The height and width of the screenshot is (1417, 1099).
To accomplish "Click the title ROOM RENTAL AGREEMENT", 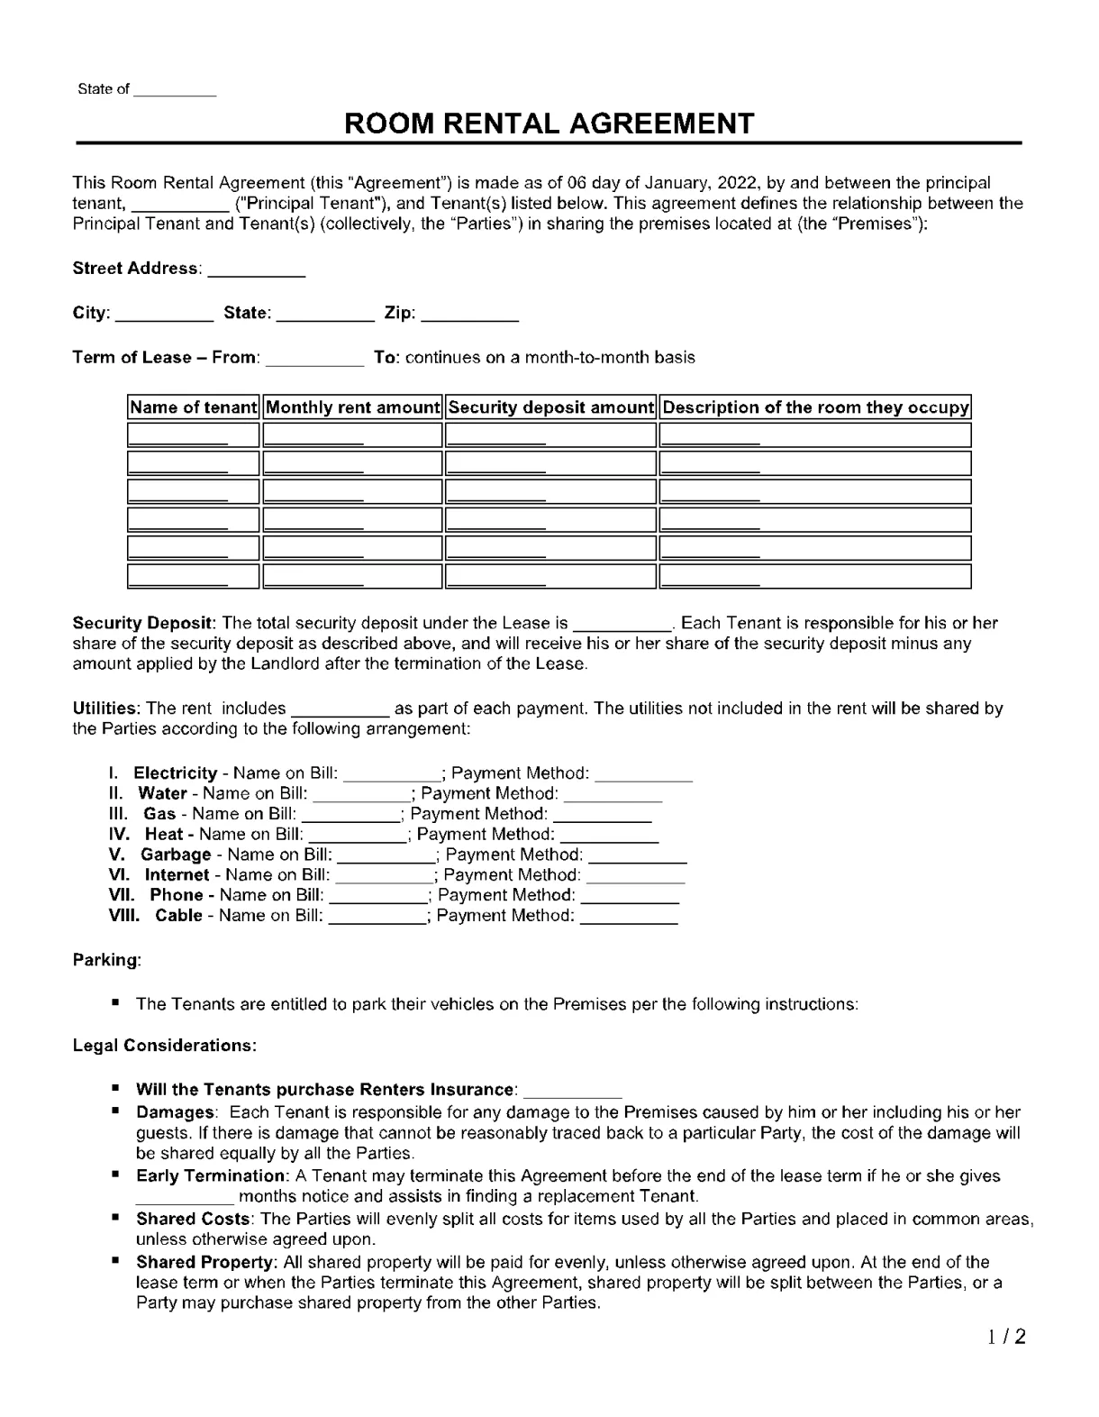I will [x=549, y=123].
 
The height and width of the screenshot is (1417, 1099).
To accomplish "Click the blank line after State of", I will [x=175, y=90].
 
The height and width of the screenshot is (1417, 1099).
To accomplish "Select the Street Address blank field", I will [x=256, y=270].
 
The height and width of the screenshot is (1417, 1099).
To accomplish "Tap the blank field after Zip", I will [x=469, y=315].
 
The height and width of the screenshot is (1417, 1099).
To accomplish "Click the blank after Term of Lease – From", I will [x=314, y=359].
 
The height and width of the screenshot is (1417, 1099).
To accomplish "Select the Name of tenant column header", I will [x=193, y=407].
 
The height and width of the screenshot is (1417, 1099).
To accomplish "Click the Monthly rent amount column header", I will [x=352, y=407].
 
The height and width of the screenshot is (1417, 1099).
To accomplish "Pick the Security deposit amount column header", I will [x=550, y=407].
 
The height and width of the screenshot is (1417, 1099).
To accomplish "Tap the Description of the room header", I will [x=815, y=407].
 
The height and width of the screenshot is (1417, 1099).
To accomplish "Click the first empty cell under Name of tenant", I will [x=193, y=436].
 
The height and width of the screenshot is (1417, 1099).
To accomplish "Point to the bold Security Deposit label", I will [x=142, y=623].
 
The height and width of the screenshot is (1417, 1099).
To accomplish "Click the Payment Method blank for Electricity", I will [x=643, y=774].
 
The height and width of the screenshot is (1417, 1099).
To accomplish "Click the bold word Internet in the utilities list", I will [x=177, y=875].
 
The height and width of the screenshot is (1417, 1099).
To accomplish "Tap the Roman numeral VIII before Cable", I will [x=123, y=916].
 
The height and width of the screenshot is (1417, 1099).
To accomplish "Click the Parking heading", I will [x=106, y=960].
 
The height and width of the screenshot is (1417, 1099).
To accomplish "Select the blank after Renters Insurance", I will [x=572, y=1091].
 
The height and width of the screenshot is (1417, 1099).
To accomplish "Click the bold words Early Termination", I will [x=210, y=1176].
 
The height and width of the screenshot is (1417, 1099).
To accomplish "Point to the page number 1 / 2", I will [x=1005, y=1337].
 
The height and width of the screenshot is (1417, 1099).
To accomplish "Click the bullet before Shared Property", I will [x=116, y=1260].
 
